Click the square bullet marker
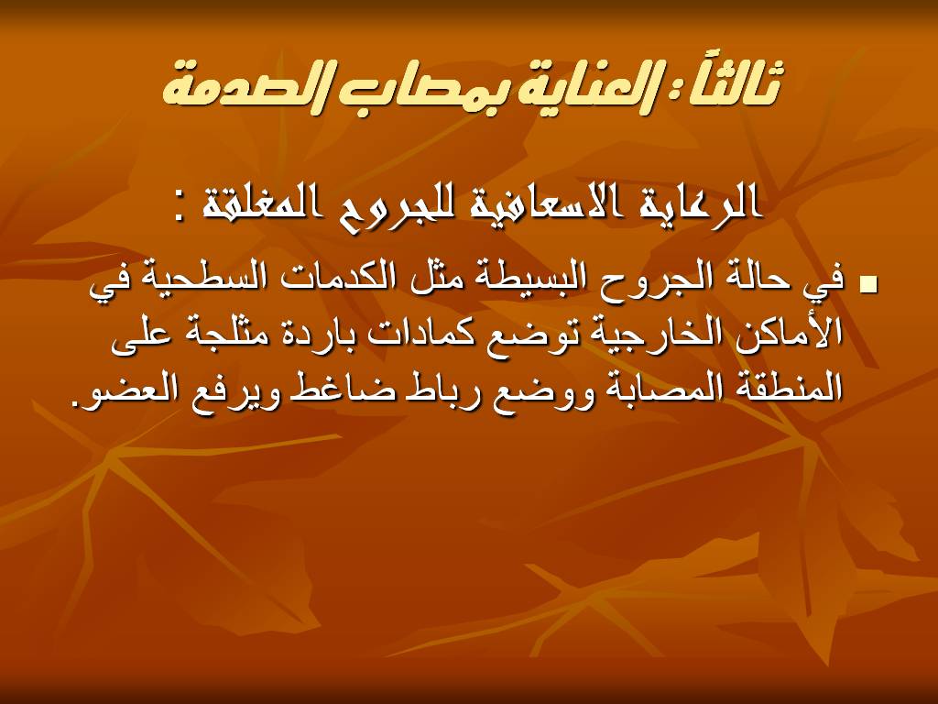coord(867,285)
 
